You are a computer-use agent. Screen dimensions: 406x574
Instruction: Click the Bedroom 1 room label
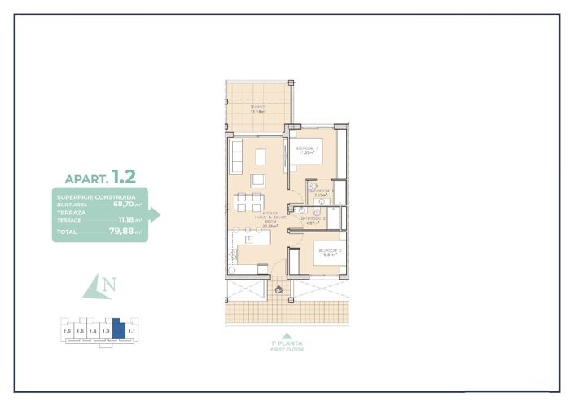point(306,149)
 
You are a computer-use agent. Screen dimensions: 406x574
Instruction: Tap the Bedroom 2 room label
point(329,252)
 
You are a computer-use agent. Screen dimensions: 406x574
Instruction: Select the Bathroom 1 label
point(322,193)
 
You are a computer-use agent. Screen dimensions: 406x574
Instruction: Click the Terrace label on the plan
point(258,109)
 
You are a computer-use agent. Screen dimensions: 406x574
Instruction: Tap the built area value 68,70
point(123,205)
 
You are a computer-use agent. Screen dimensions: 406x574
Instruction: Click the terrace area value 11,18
point(126,219)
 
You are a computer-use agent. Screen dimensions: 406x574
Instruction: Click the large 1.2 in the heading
point(124,175)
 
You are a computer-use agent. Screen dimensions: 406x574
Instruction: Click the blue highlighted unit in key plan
point(119,329)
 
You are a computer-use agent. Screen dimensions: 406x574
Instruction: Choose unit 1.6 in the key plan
point(67,331)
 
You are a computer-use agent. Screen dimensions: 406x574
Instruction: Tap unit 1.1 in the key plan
point(133,331)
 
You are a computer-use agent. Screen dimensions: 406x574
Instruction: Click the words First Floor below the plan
point(286,348)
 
